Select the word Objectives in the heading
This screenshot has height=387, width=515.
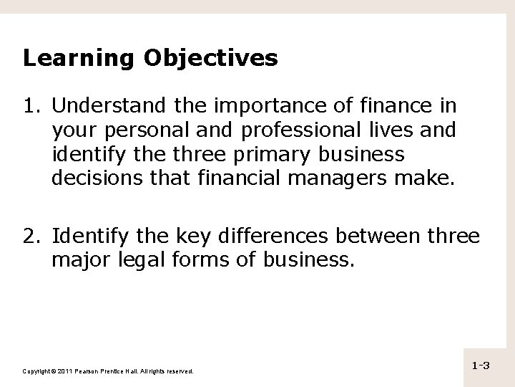pos(208,59)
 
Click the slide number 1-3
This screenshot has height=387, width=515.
pos(480,367)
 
